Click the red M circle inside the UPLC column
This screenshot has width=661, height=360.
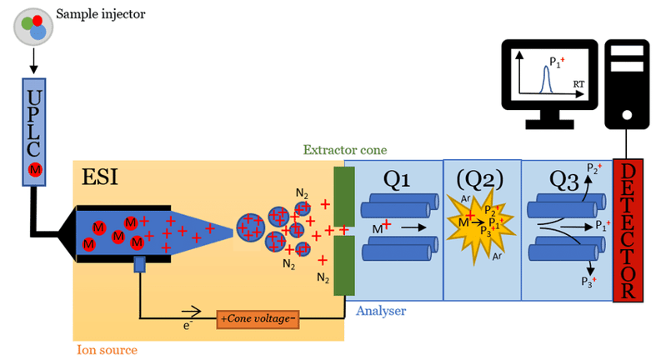tap(34, 170)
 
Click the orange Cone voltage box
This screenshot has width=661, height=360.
tap(258, 318)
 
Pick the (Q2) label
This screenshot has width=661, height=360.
tap(481, 179)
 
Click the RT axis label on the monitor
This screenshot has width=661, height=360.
tap(578, 85)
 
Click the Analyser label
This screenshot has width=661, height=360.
tap(380, 312)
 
